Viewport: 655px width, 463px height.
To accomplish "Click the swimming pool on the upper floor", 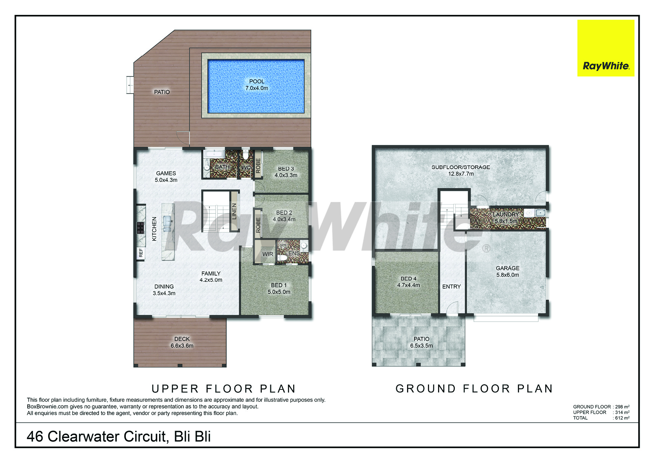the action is pyautogui.click(x=256, y=86).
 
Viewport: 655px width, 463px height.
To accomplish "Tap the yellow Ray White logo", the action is pyautogui.click(x=606, y=48).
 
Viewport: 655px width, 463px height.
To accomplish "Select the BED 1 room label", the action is pyautogui.click(x=279, y=289).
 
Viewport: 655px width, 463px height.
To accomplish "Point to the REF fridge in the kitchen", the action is pyautogui.click(x=141, y=253).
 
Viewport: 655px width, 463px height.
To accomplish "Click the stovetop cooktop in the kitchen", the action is pyautogui.click(x=140, y=227).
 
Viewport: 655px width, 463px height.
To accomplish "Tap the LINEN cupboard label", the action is pyautogui.click(x=234, y=211).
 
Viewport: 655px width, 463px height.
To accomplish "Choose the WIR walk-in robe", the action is pyautogui.click(x=268, y=254).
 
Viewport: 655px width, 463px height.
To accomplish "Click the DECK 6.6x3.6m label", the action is pyautogui.click(x=182, y=342).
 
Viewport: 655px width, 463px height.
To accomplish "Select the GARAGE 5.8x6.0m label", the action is pyautogui.click(x=507, y=271).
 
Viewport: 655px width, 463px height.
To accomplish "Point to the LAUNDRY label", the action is pyautogui.click(x=506, y=214).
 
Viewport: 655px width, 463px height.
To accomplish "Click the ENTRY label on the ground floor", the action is pyautogui.click(x=451, y=286).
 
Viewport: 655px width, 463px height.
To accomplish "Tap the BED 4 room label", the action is pyautogui.click(x=409, y=282).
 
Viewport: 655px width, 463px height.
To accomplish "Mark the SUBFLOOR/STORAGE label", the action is pyautogui.click(x=461, y=167).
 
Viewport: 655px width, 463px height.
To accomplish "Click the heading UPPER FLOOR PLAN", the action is pyautogui.click(x=224, y=389).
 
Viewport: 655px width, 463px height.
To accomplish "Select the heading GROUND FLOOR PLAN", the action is pyautogui.click(x=474, y=389).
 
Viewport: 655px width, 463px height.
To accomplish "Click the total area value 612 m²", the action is pyautogui.click(x=622, y=418).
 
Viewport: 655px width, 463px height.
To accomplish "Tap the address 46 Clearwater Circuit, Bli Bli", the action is pyautogui.click(x=119, y=436).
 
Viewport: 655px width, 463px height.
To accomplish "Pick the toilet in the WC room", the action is pyautogui.click(x=245, y=155).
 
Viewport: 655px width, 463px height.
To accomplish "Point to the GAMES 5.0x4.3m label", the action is pyautogui.click(x=166, y=177).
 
